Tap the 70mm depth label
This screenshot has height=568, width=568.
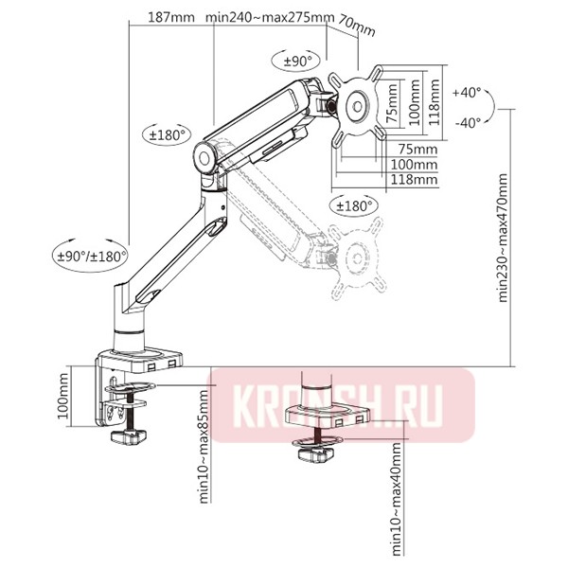point(356,27)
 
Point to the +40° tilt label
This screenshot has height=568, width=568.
point(467,93)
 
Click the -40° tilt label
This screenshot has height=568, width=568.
point(467,121)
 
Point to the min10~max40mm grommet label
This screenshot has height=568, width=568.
point(395,506)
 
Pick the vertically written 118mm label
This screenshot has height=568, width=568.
point(433,95)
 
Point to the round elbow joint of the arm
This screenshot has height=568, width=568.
point(206,156)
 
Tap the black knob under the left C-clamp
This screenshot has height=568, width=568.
point(128,436)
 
